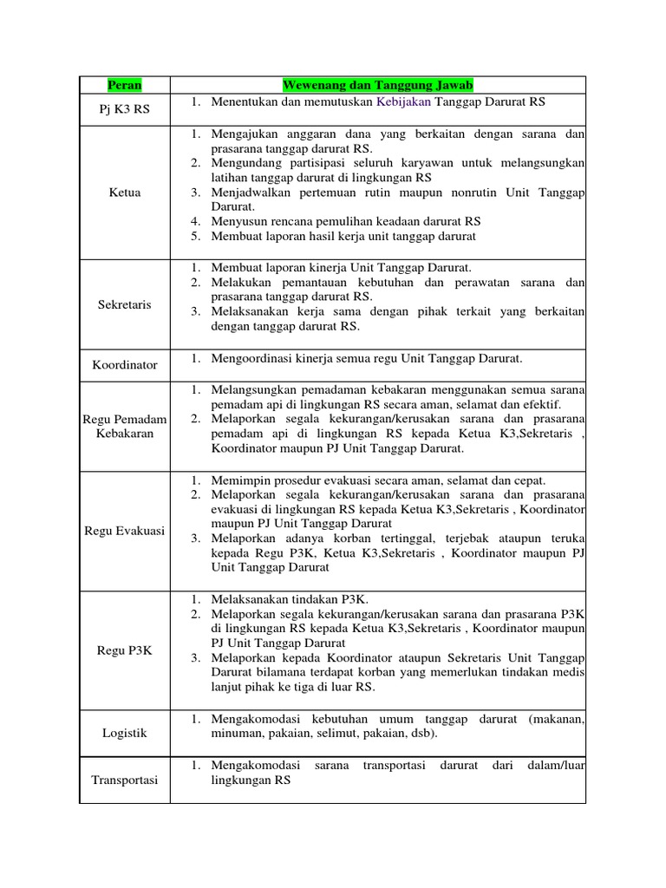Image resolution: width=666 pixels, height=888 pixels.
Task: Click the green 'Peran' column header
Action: (x=124, y=85)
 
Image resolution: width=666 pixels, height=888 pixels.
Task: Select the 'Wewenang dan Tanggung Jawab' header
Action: (x=377, y=85)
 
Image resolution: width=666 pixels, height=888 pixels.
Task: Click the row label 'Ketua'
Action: (x=124, y=193)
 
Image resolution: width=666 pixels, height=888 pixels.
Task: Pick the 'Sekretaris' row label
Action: (x=124, y=305)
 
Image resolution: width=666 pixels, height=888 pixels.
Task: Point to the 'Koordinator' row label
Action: (x=124, y=365)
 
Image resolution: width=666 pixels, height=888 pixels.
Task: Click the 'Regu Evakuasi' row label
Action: (x=124, y=531)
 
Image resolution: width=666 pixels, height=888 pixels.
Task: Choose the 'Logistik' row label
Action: (x=124, y=733)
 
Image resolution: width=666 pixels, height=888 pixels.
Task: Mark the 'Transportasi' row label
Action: (x=124, y=780)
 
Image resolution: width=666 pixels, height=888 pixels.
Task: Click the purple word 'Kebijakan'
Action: (x=406, y=101)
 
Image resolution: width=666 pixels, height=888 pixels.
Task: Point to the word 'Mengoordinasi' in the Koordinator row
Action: (x=251, y=357)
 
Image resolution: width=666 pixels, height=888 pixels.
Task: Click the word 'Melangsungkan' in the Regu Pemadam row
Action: (x=253, y=388)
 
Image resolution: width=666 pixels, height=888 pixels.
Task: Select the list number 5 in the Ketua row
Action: (x=196, y=236)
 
